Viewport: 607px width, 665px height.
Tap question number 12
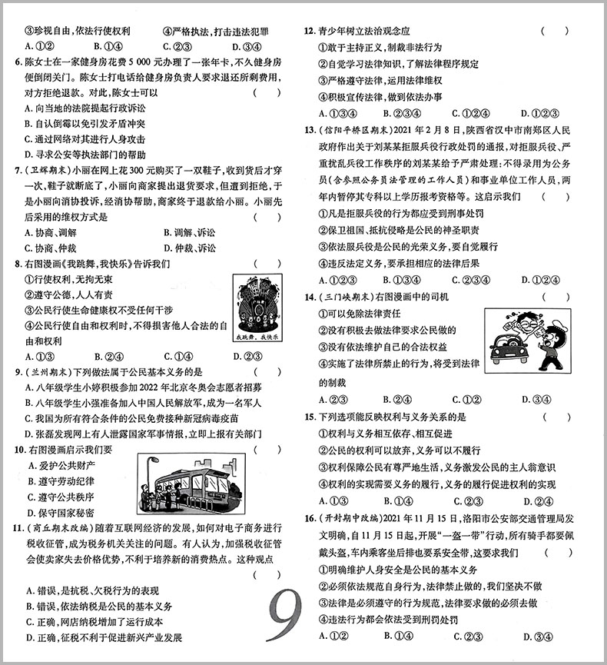tap(309, 32)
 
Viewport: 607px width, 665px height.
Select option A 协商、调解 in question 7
tap(51, 232)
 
